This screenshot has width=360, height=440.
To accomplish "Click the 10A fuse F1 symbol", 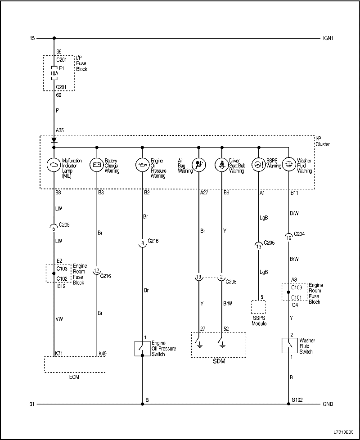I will pos(54,72).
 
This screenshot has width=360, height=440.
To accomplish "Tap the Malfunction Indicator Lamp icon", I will pos(54,164).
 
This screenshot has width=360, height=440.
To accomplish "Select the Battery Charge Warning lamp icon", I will pos(97,164).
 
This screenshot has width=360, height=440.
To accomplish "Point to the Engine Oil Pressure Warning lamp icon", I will pos(142,164).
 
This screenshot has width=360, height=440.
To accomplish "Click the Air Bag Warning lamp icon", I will pos(198,164).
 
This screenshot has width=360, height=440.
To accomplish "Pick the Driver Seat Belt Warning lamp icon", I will pos(221,164).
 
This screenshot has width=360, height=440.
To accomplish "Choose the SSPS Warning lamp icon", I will pos(259,164).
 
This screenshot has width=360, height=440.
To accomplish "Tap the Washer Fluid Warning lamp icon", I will pos(288,164).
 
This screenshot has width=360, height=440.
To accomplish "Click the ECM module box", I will pos(75,365).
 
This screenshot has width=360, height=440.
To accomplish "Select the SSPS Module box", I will pos(259,307).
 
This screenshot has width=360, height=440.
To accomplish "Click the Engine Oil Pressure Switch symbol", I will pos(142,348).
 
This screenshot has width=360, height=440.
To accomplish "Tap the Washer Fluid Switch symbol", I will pos(288,346).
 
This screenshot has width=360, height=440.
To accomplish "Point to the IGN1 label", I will pos(328,38).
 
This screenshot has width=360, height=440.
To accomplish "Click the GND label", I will pos(328,404).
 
